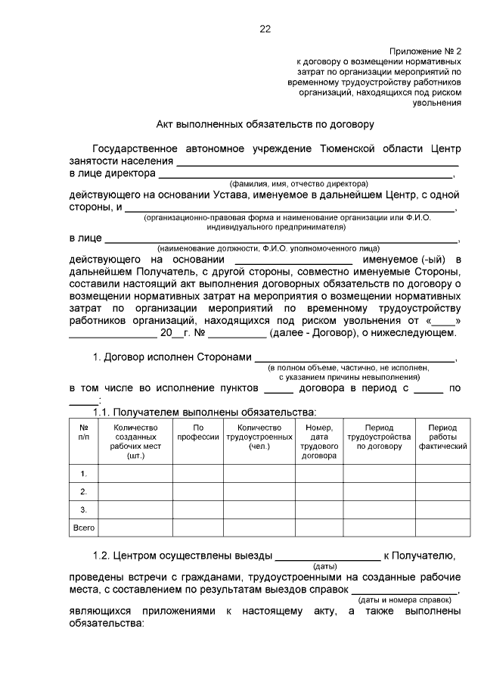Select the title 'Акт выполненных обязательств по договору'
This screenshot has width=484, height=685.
click(x=265, y=123)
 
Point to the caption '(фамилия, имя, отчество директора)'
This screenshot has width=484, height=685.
click(x=299, y=184)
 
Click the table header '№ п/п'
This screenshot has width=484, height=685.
click(x=83, y=433)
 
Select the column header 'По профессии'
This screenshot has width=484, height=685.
click(x=197, y=433)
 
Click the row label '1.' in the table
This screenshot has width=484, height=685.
click(x=84, y=474)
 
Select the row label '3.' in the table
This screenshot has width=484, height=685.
click(x=84, y=509)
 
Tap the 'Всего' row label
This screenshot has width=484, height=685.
click(x=84, y=528)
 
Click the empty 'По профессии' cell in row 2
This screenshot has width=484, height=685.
click(x=197, y=492)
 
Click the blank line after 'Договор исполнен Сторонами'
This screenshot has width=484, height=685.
click(x=355, y=358)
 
